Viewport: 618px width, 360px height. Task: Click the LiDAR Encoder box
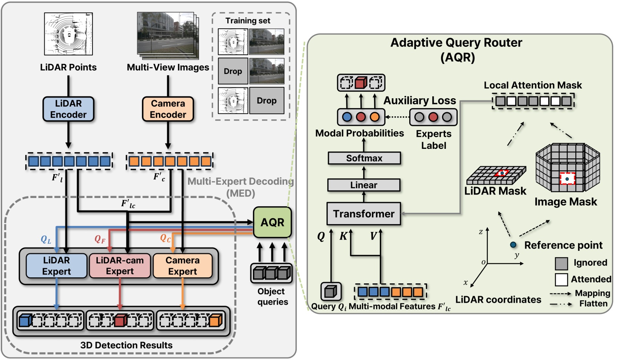click(68, 109)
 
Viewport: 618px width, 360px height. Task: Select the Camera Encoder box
click(168, 109)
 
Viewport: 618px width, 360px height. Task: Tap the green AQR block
click(272, 222)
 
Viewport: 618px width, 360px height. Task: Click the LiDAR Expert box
click(56, 266)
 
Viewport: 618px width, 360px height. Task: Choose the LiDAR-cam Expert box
click(120, 266)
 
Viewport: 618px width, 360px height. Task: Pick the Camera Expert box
click(182, 266)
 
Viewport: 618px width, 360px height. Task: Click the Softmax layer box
click(364, 158)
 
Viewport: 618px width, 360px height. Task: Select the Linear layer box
click(364, 185)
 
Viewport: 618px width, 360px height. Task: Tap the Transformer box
click(364, 214)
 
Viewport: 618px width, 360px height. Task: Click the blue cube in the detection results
click(25, 320)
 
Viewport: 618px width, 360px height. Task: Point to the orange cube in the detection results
click(215, 320)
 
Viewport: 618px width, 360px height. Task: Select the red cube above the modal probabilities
click(361, 83)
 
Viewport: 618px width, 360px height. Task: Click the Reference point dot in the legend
click(513, 245)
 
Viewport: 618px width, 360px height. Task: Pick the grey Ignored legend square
click(561, 263)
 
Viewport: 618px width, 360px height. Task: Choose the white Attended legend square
click(561, 280)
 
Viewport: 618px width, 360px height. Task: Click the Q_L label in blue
click(46, 239)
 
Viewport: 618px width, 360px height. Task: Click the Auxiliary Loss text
click(420, 100)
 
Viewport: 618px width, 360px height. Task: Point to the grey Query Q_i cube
click(331, 291)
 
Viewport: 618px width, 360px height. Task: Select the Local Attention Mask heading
click(533, 85)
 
